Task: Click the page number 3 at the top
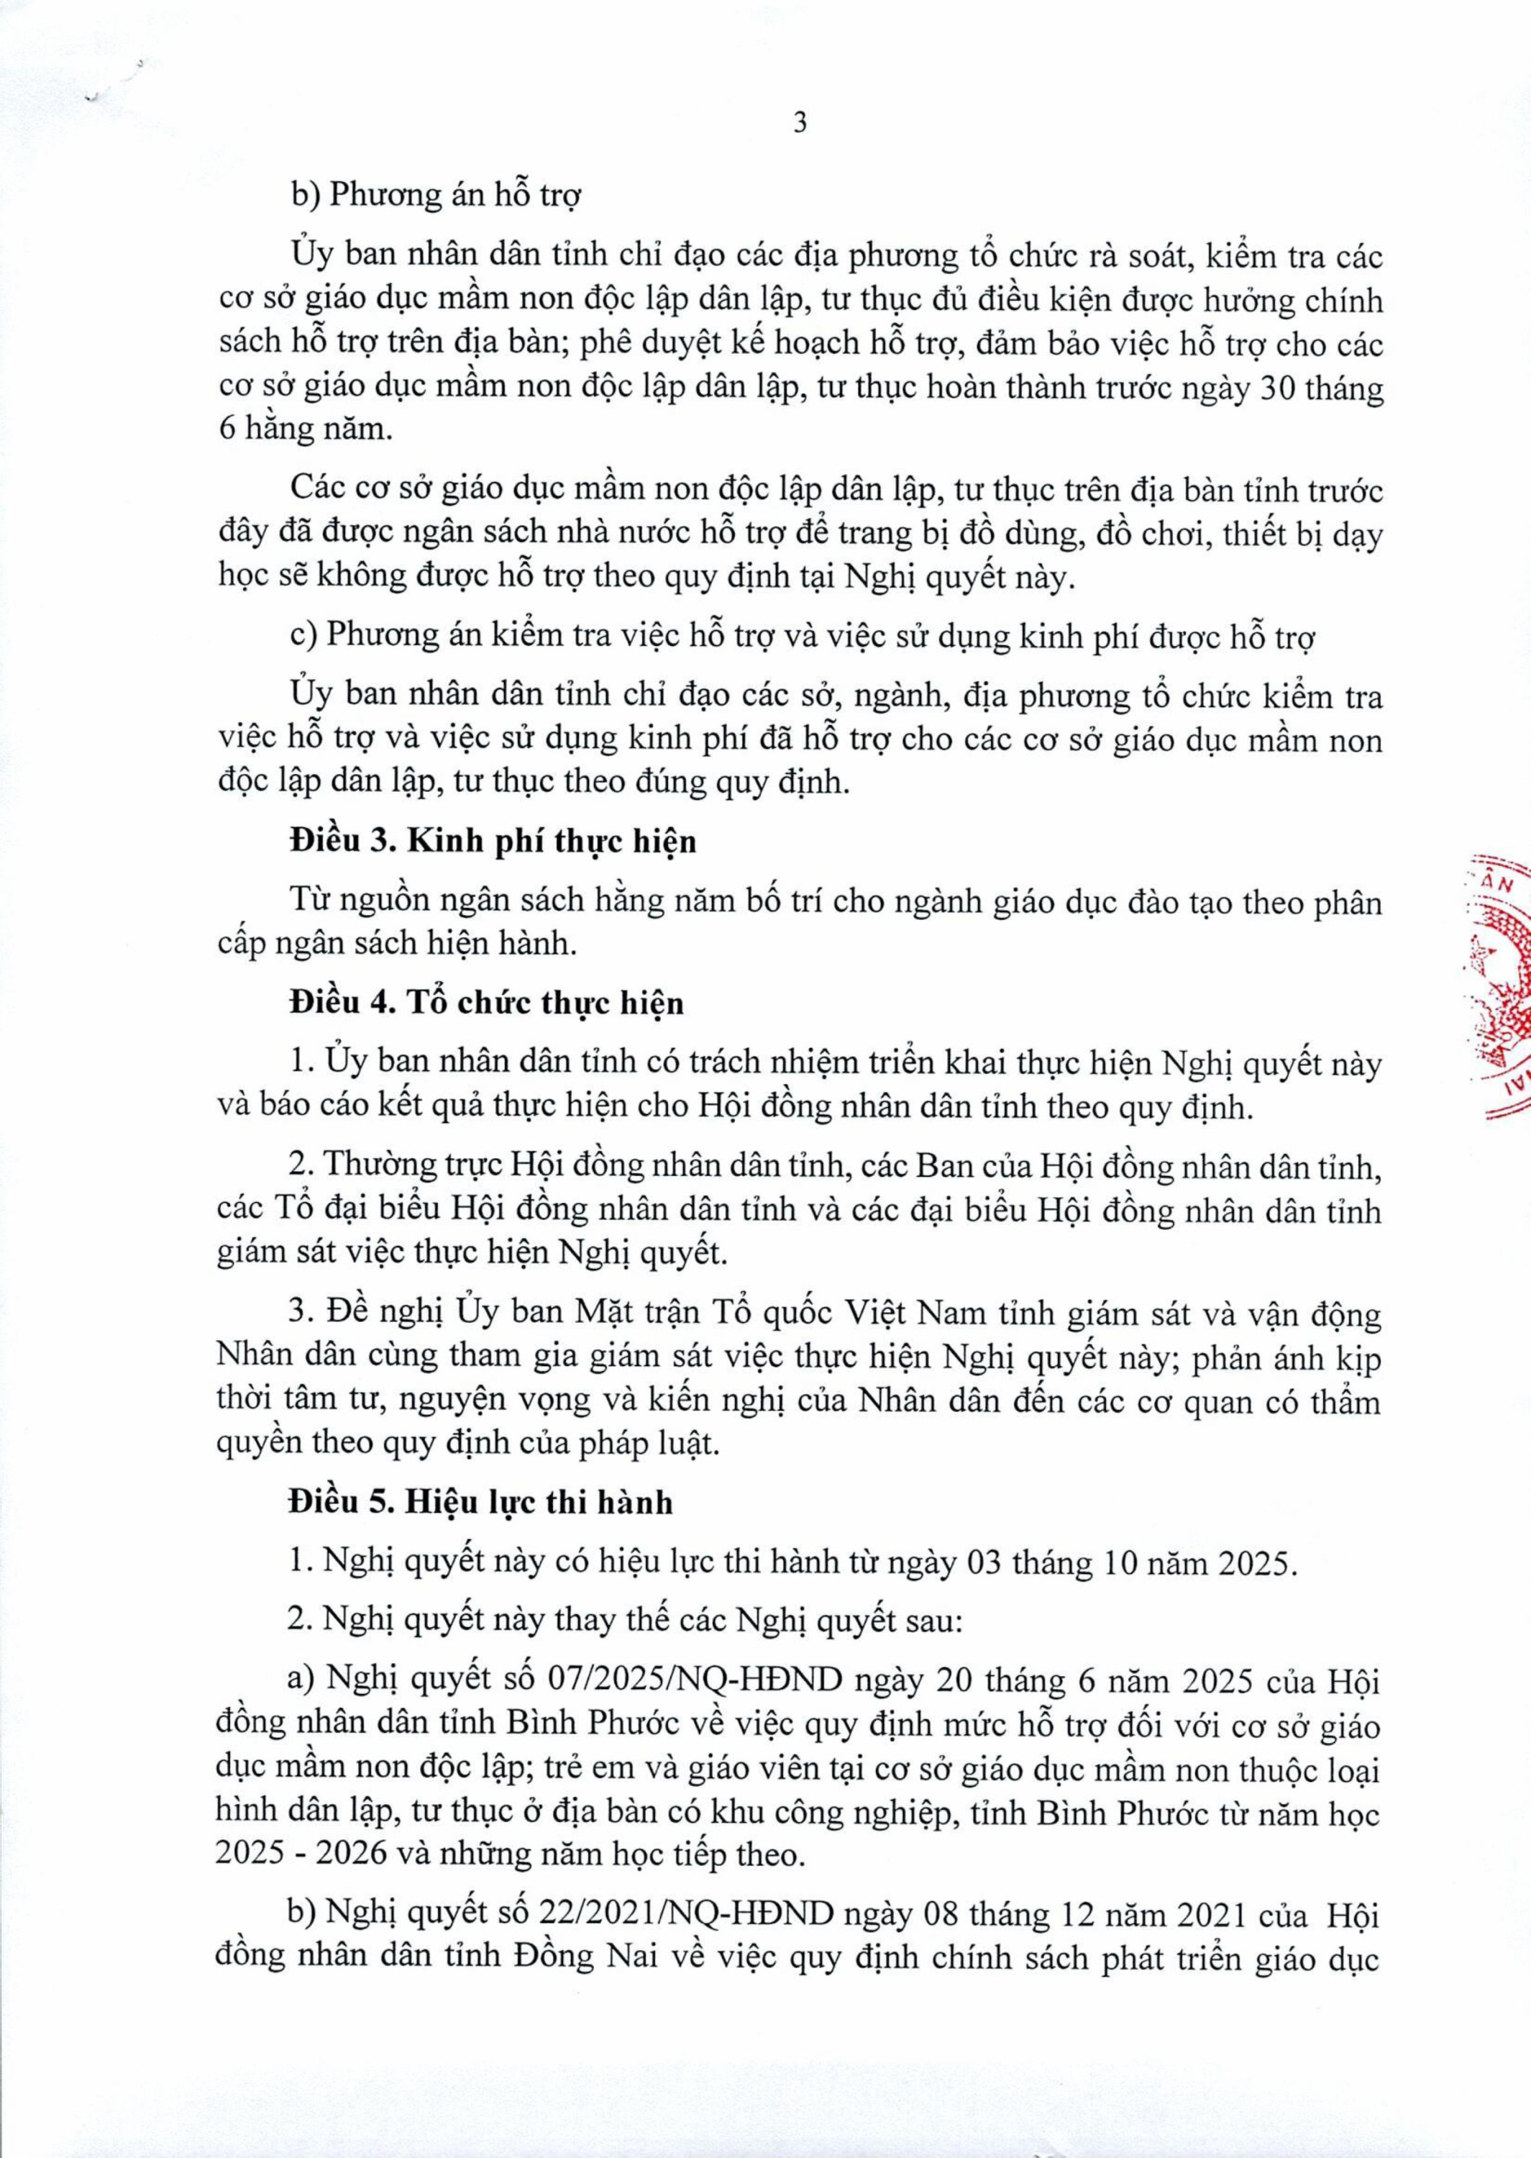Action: click(x=800, y=124)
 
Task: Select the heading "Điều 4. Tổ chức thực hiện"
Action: click(x=486, y=1003)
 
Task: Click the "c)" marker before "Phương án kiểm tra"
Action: click(x=306, y=638)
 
